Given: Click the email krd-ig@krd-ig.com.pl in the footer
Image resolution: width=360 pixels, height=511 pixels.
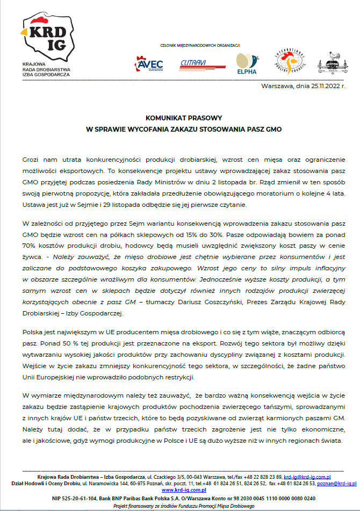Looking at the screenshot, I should pos(307,477).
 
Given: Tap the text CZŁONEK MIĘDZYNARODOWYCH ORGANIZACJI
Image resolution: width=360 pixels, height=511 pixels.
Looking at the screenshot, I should pos(200,45).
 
